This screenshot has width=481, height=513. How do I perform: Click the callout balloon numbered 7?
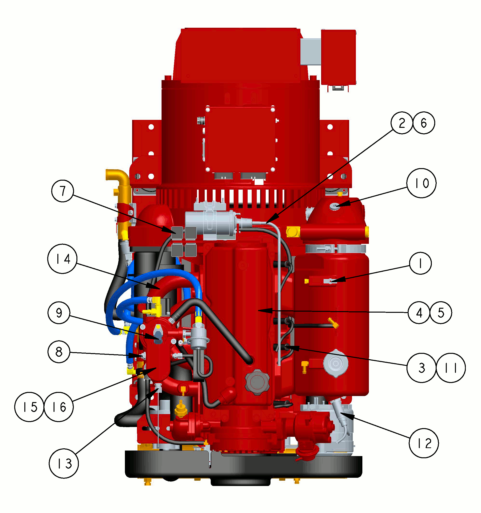point(63,191)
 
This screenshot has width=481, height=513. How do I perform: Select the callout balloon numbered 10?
point(421,183)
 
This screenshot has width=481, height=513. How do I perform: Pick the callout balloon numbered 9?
point(59,313)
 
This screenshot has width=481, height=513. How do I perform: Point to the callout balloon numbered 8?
point(59,352)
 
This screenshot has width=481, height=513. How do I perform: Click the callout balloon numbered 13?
point(64,464)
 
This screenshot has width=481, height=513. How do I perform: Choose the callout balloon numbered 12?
point(424,443)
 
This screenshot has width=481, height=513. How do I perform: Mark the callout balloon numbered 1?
point(420,263)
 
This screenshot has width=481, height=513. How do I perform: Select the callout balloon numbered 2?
point(402,123)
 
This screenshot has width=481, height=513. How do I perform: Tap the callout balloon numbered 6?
point(424,123)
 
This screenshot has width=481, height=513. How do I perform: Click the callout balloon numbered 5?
point(441,313)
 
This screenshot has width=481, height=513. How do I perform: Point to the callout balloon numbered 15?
point(29,407)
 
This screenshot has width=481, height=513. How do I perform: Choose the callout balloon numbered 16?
point(59,407)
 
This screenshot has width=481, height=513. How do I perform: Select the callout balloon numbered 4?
point(419,313)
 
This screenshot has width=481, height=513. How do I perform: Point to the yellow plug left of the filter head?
point(293,232)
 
